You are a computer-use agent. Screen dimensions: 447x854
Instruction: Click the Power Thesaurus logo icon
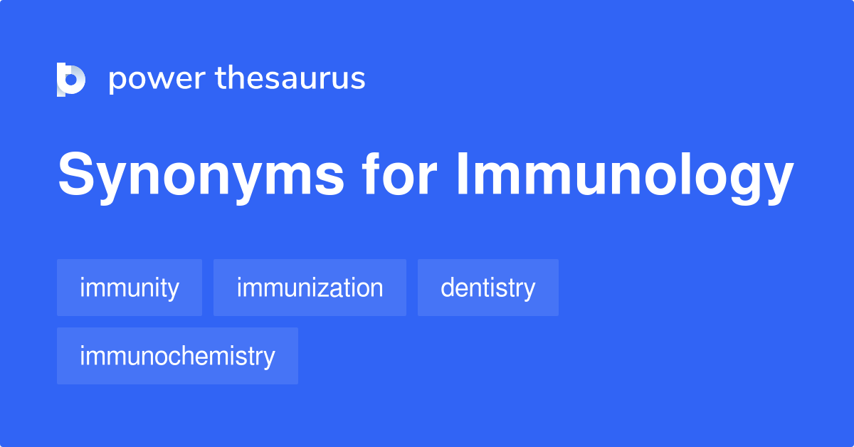[70, 79]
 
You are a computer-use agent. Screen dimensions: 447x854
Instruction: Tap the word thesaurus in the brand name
[290, 79]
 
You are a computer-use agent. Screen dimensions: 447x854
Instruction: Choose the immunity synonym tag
[130, 288]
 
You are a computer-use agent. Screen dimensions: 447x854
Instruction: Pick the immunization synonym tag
[310, 288]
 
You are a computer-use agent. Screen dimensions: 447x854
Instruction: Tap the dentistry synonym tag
[487, 288]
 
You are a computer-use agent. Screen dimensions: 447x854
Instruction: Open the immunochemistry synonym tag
[177, 356]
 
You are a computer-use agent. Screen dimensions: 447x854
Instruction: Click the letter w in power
[158, 80]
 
